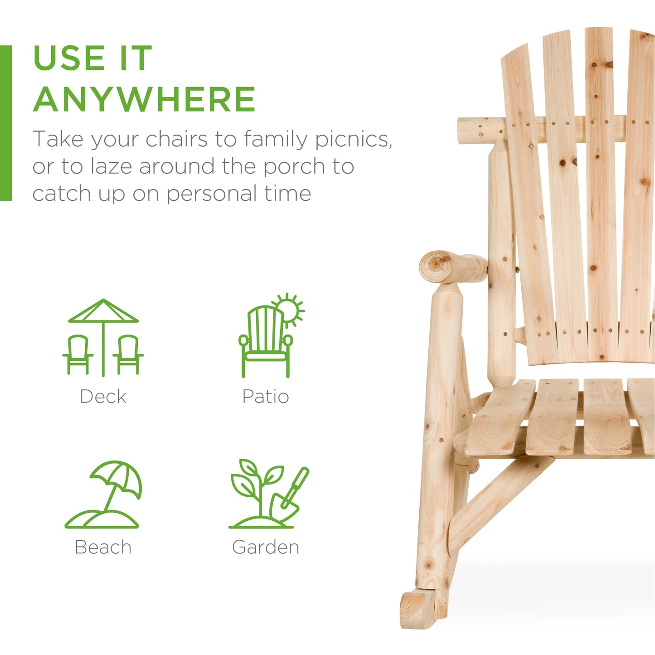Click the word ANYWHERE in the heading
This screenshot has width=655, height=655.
click(144, 99)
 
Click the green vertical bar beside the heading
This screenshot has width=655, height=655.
click(6, 122)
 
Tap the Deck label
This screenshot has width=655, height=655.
click(103, 396)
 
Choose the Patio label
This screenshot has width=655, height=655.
click(266, 396)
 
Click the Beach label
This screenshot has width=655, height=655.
click(103, 547)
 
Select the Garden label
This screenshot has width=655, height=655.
click(266, 547)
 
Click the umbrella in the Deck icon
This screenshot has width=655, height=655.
click(103, 313)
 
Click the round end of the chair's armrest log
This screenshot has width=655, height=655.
click(435, 266)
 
